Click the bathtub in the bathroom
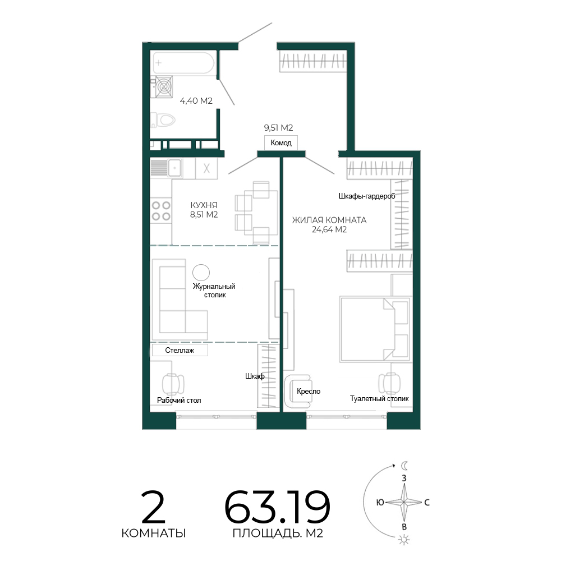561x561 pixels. click(183, 63)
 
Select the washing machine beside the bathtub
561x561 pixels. click(164, 86)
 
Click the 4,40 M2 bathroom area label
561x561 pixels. click(196, 101)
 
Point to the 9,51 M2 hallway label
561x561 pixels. click(278, 128)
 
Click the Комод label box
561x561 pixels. click(281, 142)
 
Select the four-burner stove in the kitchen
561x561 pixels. click(161, 211)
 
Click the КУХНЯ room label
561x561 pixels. click(204, 205)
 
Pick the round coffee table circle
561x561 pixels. click(201, 273)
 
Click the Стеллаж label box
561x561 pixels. click(180, 350)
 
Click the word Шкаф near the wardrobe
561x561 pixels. click(255, 376)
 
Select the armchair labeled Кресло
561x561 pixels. click(298, 391)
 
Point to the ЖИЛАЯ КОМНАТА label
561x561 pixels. click(329, 220)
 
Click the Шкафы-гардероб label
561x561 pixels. click(367, 196)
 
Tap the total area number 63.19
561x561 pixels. click(277, 507)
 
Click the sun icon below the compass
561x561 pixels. click(404, 540)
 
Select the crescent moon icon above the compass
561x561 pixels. click(404, 466)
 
